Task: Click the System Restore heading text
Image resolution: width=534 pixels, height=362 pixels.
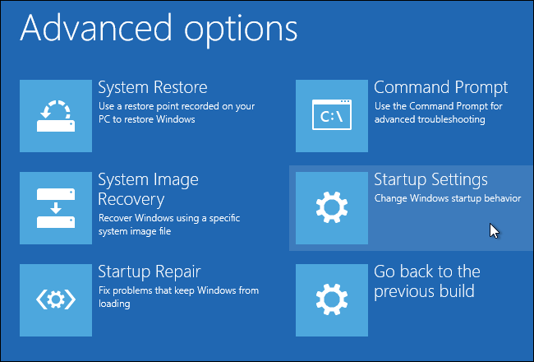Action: pyautogui.click(x=152, y=87)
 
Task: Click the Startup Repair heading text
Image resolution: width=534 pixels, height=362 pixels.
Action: pyautogui.click(x=150, y=271)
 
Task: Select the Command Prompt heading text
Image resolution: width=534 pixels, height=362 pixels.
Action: pyautogui.click(x=440, y=87)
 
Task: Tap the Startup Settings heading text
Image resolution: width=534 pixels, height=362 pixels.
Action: pyautogui.click(x=430, y=179)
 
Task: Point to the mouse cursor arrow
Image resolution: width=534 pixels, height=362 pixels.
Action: pyautogui.click(x=493, y=230)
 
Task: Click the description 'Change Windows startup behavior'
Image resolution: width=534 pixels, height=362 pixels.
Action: pyautogui.click(x=447, y=198)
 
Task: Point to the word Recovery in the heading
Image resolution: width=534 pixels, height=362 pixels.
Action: pyautogui.click(x=131, y=200)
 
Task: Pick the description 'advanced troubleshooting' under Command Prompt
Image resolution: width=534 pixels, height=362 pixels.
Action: pyautogui.click(x=429, y=119)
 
